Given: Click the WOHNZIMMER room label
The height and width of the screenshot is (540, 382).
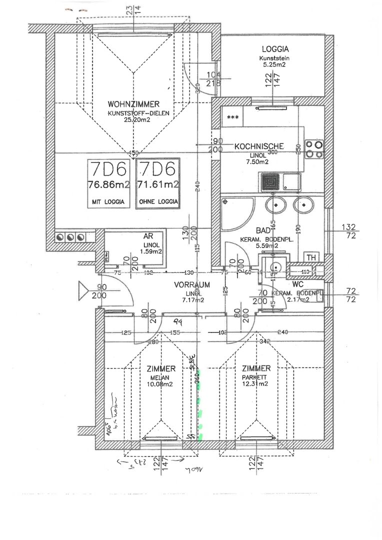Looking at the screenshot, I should (133, 104).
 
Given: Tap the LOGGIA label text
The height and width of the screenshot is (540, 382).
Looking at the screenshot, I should (275, 49).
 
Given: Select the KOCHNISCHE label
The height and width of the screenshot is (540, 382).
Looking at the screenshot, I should (259, 146).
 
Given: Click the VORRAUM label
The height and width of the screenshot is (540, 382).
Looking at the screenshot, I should (192, 284).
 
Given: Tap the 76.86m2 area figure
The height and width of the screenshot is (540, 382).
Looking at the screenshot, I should (109, 184).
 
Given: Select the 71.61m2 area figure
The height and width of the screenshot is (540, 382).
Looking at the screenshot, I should (158, 184).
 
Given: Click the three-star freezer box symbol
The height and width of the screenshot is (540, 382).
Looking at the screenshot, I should (232, 117).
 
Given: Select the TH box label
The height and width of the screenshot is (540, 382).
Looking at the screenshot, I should (311, 257).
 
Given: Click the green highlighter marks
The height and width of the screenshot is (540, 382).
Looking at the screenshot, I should (200, 415).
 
